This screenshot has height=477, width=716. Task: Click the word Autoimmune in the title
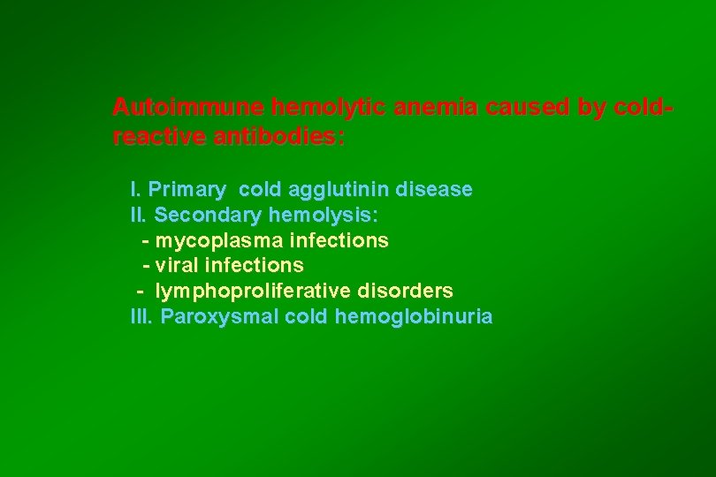(188, 108)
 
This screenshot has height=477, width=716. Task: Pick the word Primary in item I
(187, 190)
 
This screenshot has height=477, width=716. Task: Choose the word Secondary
(208, 215)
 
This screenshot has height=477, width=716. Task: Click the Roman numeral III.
(141, 316)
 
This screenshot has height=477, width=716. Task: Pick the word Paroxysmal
(220, 316)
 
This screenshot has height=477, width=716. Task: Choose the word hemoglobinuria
(414, 316)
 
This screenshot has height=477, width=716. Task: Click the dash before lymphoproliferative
(140, 291)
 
